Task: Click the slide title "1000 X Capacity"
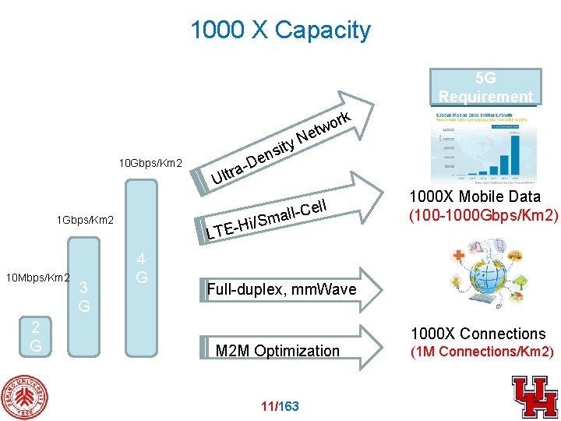point(280,30)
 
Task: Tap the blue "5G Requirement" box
point(485,87)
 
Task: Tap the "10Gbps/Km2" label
point(150,164)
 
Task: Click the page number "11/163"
point(280,406)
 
